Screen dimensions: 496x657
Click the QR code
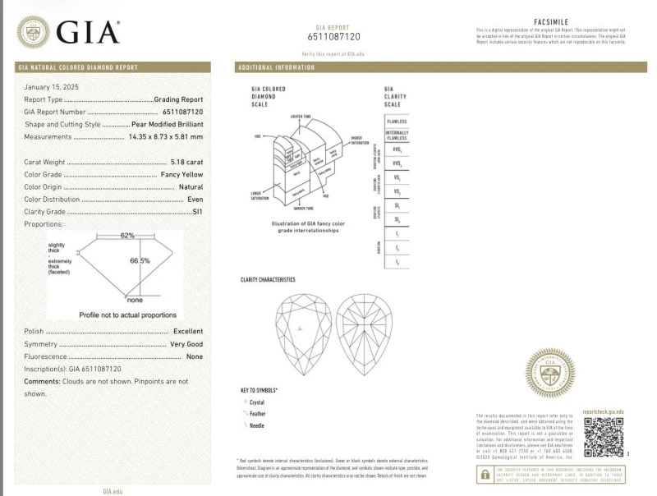pyautogui.click(x=603, y=436)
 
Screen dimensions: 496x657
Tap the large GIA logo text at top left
pyautogui.click(x=89, y=33)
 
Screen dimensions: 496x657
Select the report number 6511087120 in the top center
pyautogui.click(x=333, y=37)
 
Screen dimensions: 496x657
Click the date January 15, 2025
pyautogui.click(x=53, y=86)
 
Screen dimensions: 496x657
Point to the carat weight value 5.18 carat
pyautogui.click(x=186, y=163)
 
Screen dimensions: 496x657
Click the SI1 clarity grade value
pyautogui.click(x=197, y=211)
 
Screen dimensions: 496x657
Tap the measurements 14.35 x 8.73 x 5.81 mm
pyautogui.click(x=166, y=136)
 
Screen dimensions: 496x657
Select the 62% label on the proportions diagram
pyautogui.click(x=127, y=235)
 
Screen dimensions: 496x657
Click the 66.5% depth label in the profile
pyautogui.click(x=140, y=260)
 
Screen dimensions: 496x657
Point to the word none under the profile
pyautogui.click(x=135, y=300)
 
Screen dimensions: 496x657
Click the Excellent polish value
pyautogui.click(x=188, y=331)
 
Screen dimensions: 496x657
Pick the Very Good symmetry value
pyautogui.click(x=186, y=344)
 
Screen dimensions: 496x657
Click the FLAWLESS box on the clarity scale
pyautogui.click(x=397, y=121)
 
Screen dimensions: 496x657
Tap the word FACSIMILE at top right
pyautogui.click(x=550, y=22)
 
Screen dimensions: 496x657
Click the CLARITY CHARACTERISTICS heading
pyautogui.click(x=268, y=280)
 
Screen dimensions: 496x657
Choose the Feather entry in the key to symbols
pyautogui.click(x=257, y=414)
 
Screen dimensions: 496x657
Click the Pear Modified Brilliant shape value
pyautogui.click(x=168, y=124)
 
